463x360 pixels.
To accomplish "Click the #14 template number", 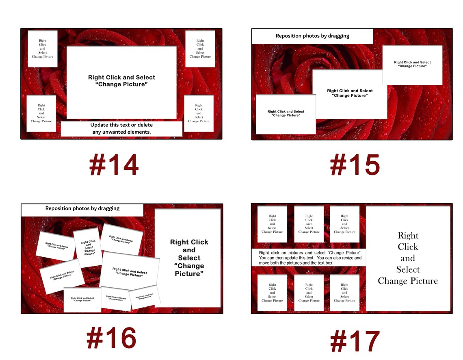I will [x=114, y=165].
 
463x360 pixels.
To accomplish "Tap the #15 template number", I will [x=355, y=165].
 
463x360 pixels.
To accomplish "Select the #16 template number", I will [x=111, y=338].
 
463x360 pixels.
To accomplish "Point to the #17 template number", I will [x=355, y=341].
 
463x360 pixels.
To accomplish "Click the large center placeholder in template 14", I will [x=121, y=81].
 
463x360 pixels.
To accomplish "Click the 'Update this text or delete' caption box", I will [x=121, y=128].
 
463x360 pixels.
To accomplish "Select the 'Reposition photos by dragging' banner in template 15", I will [x=312, y=36].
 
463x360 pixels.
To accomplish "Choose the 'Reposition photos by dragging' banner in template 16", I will [x=82, y=209].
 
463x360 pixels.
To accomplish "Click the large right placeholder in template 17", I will [x=408, y=258].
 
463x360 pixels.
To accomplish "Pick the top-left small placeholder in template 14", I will [x=43, y=49].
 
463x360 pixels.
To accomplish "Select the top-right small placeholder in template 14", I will [x=200, y=49].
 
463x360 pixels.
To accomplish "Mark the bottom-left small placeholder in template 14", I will [x=41, y=113].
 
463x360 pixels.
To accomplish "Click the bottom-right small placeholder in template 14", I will [x=199, y=113].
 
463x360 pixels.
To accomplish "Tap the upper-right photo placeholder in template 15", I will [x=412, y=65].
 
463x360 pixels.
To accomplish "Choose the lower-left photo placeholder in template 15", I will [x=286, y=114].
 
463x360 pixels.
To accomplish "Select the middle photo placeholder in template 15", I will [x=350, y=94].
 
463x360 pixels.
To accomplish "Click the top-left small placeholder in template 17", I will [x=272, y=224].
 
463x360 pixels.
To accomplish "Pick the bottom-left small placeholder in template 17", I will [x=272, y=293].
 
